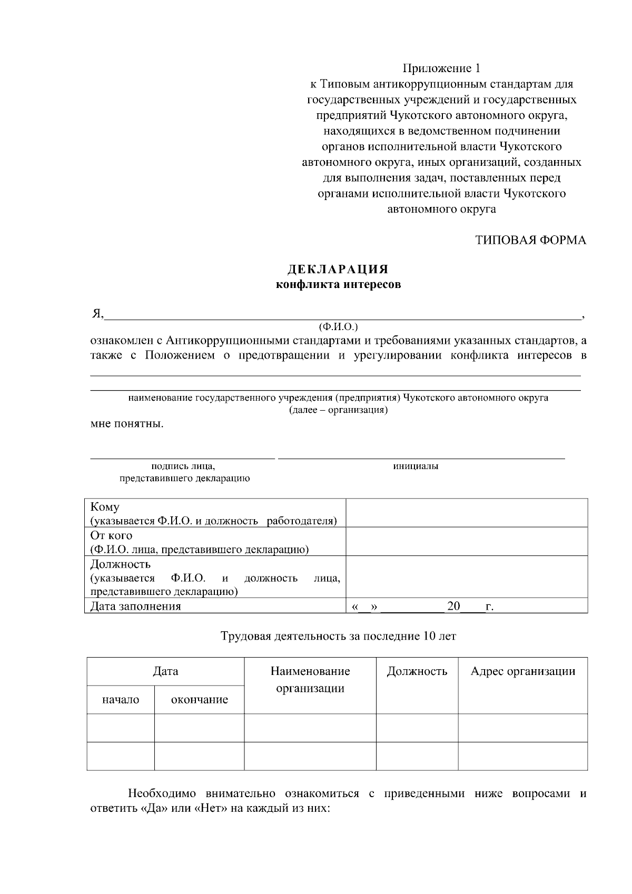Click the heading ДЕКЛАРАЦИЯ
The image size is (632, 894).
338,270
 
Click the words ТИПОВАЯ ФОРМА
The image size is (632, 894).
530,240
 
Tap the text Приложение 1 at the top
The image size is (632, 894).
441,68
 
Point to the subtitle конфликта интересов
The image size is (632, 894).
338,285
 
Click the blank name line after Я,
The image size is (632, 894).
342,314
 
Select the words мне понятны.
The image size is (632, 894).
127,424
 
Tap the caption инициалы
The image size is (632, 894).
416,466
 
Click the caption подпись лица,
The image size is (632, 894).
183,466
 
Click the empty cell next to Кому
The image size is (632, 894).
466,513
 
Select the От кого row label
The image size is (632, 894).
111,535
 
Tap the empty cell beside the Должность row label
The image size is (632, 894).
466,577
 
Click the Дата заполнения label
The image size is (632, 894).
135,606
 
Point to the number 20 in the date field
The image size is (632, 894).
453,606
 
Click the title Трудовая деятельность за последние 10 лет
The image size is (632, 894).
338,636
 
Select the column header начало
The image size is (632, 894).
121,700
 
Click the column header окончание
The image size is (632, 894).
199,700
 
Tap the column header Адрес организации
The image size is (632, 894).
522,671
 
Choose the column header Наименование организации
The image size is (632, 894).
310,680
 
